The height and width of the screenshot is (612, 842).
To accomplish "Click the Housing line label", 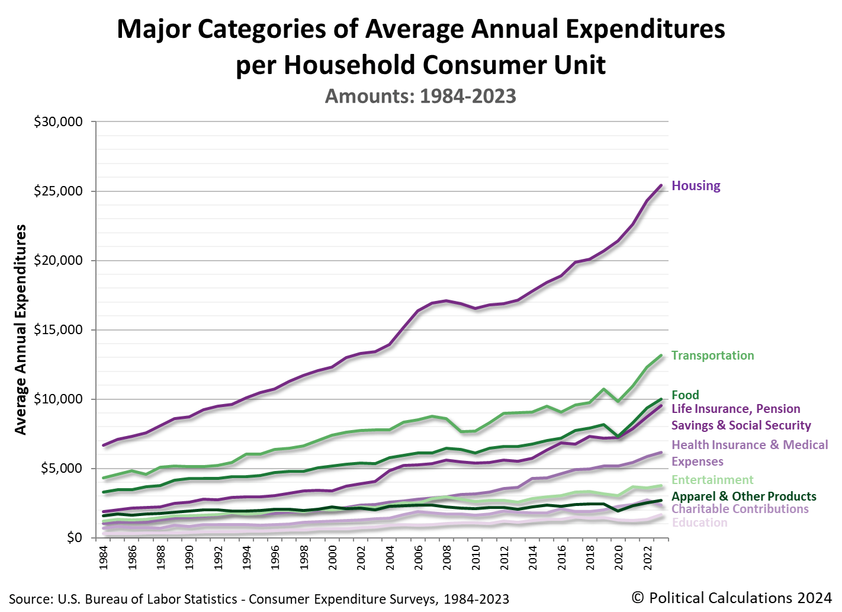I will pos(696,186).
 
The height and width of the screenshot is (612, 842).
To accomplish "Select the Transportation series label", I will pos(712,355).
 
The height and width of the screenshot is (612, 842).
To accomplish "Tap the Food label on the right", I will pos(685,395).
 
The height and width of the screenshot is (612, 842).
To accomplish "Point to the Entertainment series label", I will pos(712,480).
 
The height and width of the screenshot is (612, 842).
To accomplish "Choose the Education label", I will pos(699,523).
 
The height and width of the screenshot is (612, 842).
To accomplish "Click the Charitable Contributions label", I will pos(740,509).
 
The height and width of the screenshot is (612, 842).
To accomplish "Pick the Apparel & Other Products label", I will pos(744,496).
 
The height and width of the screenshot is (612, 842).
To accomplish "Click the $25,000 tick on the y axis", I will pos(58,191).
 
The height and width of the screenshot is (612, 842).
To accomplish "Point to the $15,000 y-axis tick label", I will pos(58,330).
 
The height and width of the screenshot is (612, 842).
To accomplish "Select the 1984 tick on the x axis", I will pos(104,557).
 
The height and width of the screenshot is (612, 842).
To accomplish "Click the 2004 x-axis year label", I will pos(390,557).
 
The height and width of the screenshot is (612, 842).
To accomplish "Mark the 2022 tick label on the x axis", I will pos(648,557).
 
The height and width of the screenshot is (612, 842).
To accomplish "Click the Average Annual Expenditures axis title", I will pos(21,329).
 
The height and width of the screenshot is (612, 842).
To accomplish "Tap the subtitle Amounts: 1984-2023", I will pos(420,96).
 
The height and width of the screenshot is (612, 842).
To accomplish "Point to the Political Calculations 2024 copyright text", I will pos(731,598).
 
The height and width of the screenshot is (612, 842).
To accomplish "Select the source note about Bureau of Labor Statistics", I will pos(259,599).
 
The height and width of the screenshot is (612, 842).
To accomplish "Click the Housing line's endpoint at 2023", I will pos(661,185).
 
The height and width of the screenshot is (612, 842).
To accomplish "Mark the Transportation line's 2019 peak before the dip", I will pos(604,389).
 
